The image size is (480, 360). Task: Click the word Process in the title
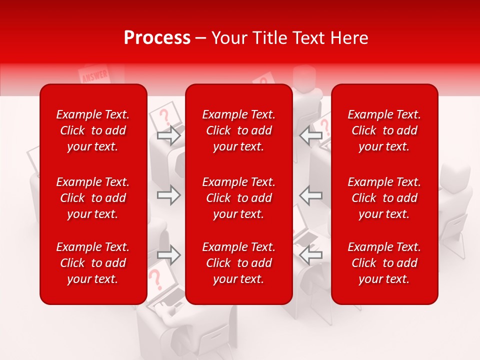pyautogui.click(x=157, y=38)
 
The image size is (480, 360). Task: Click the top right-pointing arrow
pyautogui.click(x=169, y=135)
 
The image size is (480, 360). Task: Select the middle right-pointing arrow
pyautogui.click(x=169, y=195)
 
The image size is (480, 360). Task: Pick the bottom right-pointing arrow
pyautogui.click(x=169, y=255)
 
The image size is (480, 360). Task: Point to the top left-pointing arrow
pyautogui.click(x=311, y=135)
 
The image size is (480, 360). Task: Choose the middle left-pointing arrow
pyautogui.click(x=311, y=195)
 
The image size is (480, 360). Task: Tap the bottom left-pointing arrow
pyautogui.click(x=311, y=255)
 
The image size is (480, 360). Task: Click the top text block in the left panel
pyautogui.click(x=93, y=130)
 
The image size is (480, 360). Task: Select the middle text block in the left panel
pyautogui.click(x=93, y=198)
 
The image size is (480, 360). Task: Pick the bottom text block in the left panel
pyautogui.click(x=93, y=263)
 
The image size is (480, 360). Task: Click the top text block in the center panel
pyautogui.click(x=239, y=130)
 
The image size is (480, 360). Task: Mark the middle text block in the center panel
pyautogui.click(x=239, y=198)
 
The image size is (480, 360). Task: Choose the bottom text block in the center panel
pyautogui.click(x=239, y=263)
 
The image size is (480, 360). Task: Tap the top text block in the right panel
pyautogui.click(x=384, y=130)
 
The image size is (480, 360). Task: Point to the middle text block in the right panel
pyautogui.click(x=384, y=198)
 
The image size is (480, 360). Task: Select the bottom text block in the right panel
pyautogui.click(x=384, y=263)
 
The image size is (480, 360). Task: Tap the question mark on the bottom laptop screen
pyautogui.click(x=156, y=278)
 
